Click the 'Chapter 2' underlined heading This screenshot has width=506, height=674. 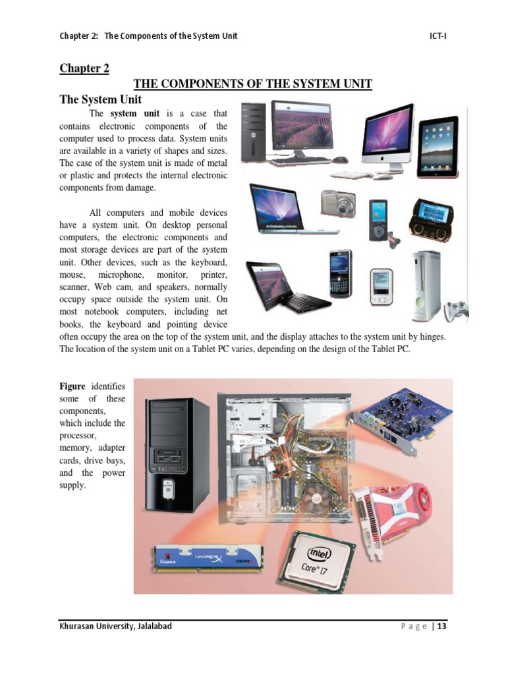point(84,68)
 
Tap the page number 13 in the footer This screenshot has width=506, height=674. point(441,626)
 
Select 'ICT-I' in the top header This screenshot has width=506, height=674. point(437,36)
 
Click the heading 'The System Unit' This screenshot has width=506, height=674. point(101,100)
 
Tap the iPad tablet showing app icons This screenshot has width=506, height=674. point(437,145)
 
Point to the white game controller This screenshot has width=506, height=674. point(455,309)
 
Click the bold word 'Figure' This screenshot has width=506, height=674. point(72,386)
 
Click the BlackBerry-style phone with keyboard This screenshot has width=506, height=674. point(341,273)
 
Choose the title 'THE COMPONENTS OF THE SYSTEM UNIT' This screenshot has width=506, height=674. point(253,84)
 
